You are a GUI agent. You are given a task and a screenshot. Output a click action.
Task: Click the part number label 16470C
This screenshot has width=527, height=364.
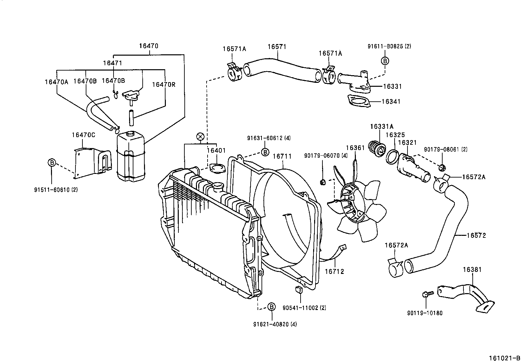pos(83,135)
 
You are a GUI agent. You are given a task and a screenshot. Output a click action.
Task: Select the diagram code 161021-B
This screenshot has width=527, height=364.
pos(504,358)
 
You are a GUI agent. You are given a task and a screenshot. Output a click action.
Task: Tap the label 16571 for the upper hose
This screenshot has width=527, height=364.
pos(277,47)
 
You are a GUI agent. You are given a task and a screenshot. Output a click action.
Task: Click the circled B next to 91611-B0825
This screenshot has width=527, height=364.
pos(385,61)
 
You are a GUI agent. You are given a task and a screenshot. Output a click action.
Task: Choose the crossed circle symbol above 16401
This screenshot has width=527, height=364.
pos(200,136)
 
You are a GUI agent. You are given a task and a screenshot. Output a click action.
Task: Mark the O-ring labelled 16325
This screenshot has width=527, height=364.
pos(392,157)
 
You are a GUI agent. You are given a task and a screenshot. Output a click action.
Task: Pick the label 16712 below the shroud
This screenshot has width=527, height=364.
pos(334,272)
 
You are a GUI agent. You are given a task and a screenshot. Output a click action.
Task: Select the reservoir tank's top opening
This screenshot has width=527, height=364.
pos(129,133)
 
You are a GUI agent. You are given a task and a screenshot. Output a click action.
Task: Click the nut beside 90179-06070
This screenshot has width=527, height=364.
pos(323,182)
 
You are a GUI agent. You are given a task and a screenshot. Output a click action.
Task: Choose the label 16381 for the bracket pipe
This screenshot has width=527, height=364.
pos(472,270)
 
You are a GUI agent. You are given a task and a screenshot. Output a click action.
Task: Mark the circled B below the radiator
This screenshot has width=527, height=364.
pos(271,307)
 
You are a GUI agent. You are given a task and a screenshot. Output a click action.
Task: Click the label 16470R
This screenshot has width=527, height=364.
pos(164,84)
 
